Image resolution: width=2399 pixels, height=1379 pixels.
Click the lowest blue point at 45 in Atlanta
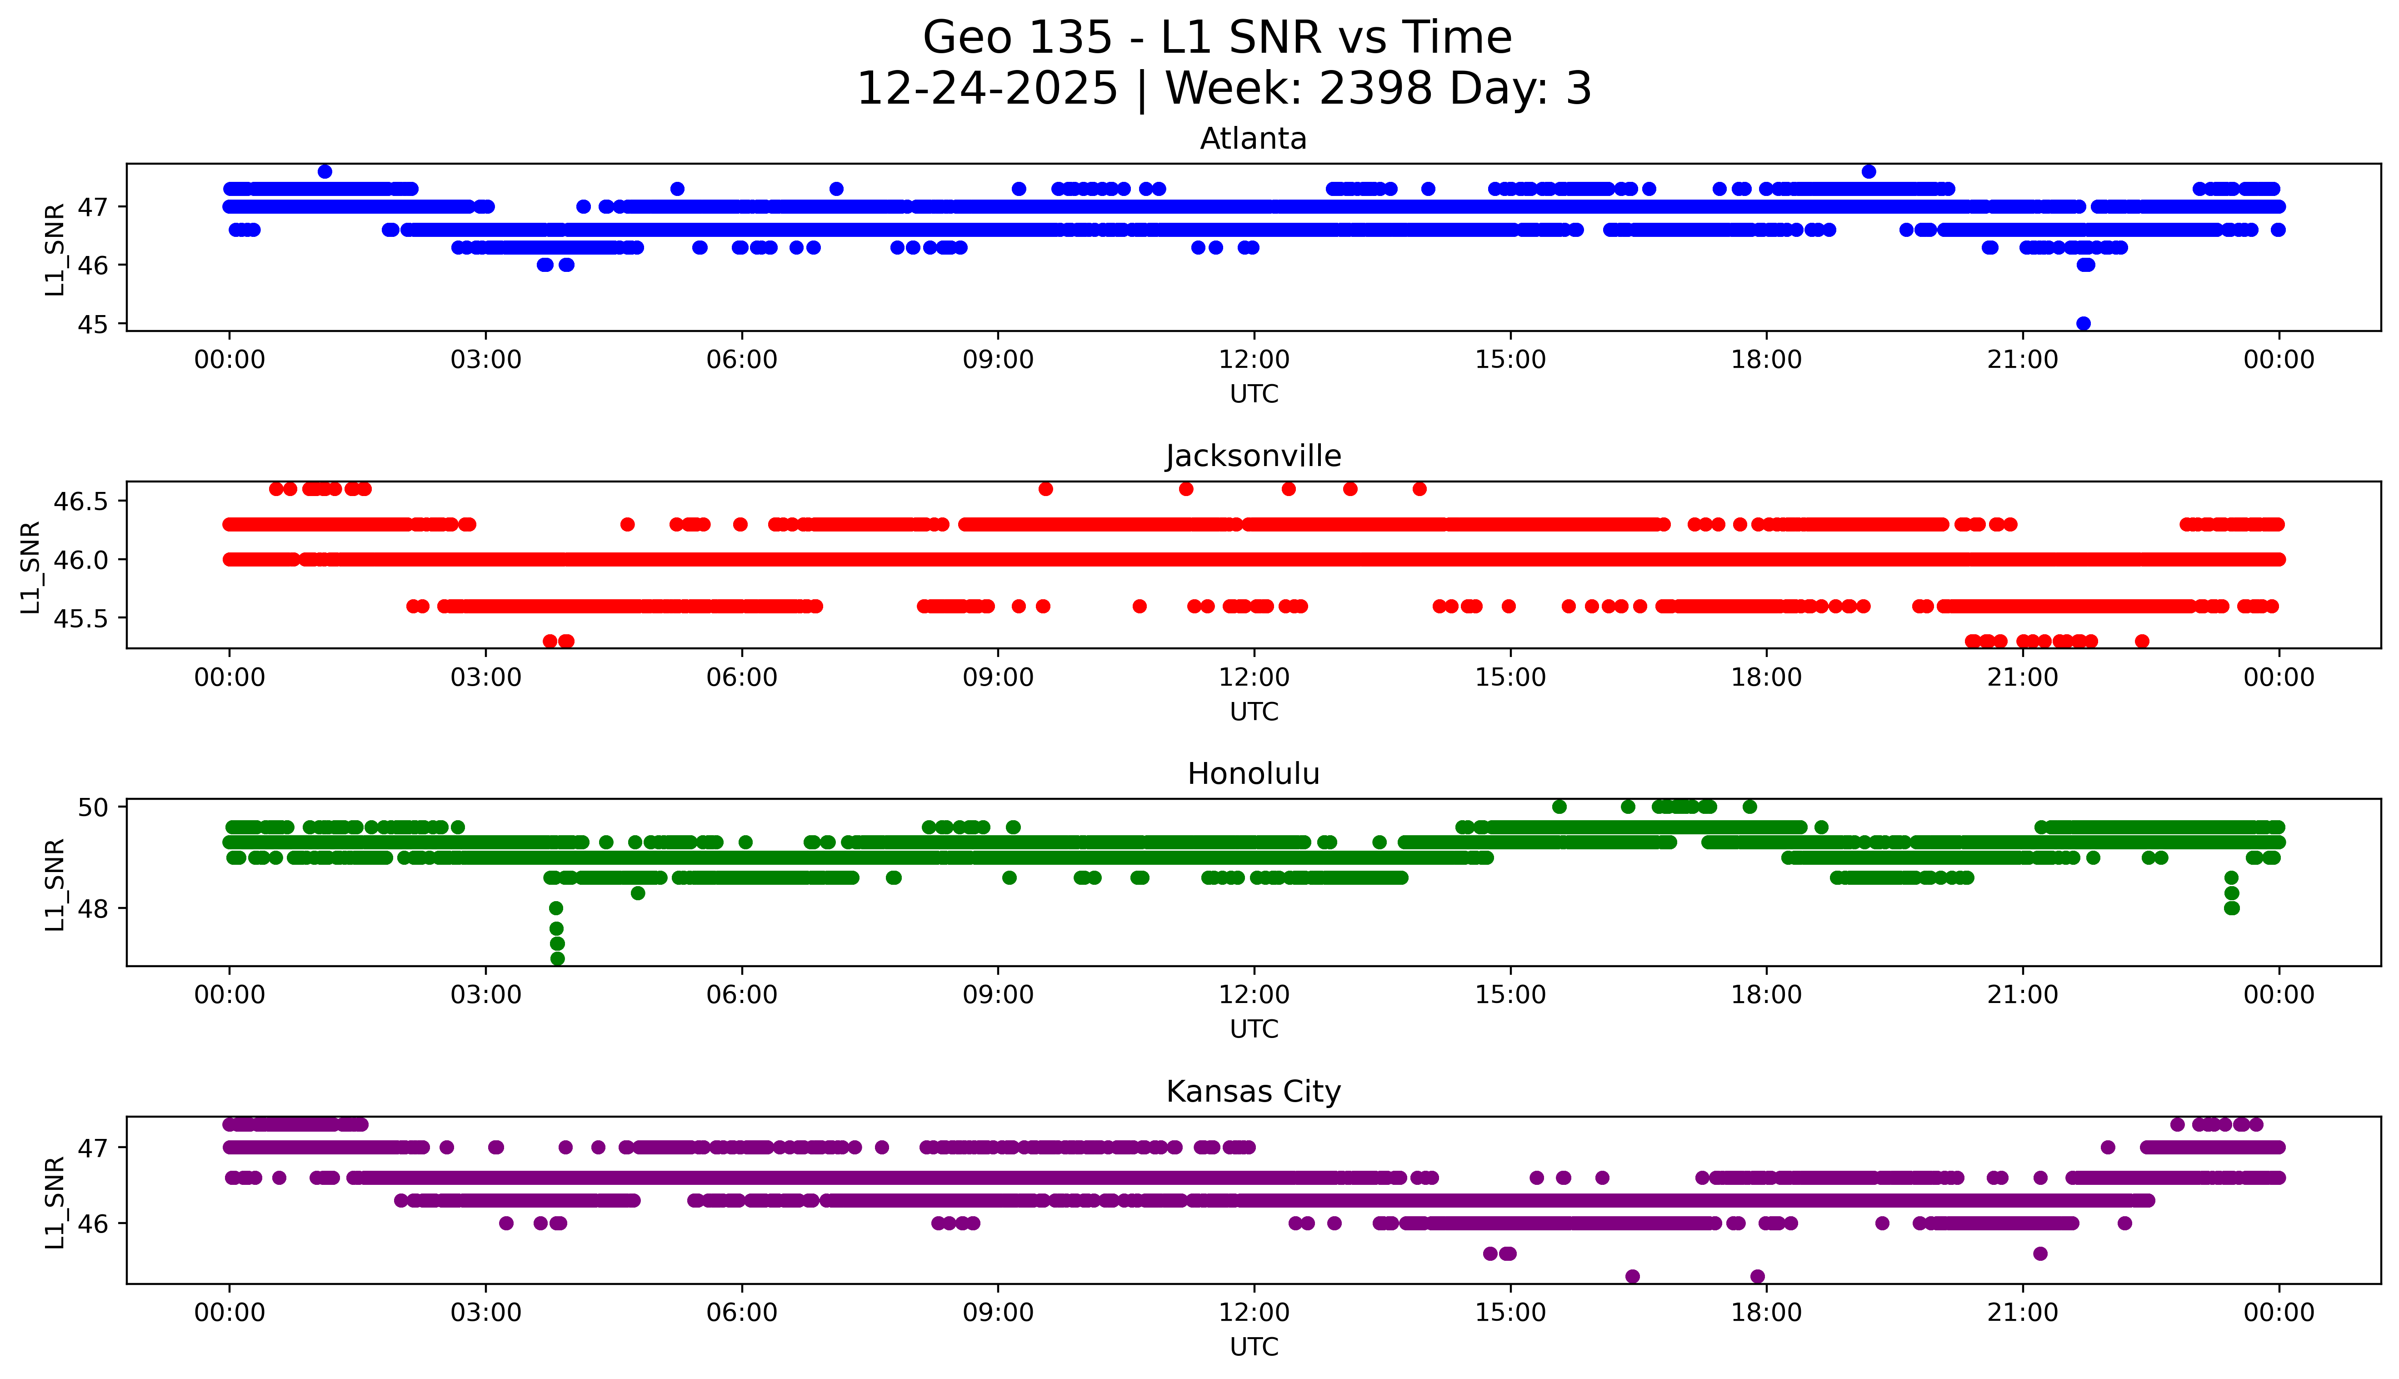click(2083, 323)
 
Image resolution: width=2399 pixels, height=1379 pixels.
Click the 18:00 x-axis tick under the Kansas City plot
click(1766, 1313)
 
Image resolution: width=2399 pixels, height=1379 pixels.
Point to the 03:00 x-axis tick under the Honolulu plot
click(486, 994)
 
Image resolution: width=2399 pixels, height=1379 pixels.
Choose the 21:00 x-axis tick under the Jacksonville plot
click(2022, 677)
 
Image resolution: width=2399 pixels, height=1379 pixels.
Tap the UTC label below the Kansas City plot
click(1254, 1346)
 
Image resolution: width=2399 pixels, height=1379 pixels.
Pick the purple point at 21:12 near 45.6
click(2040, 1253)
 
